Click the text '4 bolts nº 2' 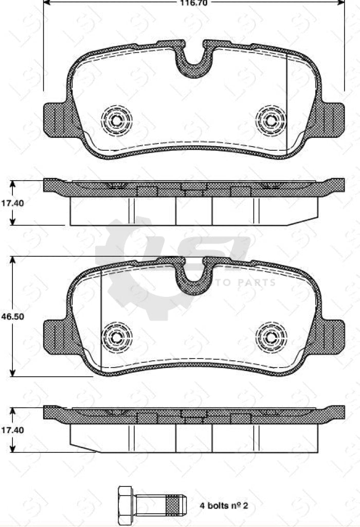click(224, 506)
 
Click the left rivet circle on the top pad click(117, 120)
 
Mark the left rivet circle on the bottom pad click(117, 337)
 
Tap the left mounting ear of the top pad click(56, 119)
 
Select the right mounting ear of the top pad click(331, 119)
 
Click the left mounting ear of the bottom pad click(56, 337)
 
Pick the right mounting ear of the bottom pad click(331, 337)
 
